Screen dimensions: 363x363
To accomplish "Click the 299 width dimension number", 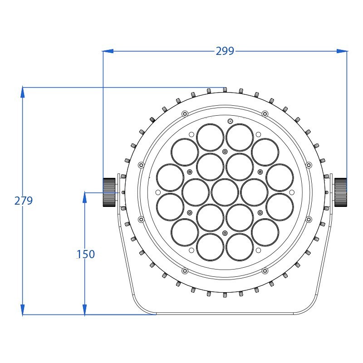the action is [225, 51].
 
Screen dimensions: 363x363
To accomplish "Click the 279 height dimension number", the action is [24, 201].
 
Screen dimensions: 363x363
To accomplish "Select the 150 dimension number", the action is [86, 254].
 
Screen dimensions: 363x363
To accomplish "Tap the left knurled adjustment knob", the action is [109, 192].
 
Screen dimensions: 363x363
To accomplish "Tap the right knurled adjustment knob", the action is [341, 192].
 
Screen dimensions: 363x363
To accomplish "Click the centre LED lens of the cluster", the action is [225, 192].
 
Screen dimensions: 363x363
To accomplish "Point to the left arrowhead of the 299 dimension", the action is [108, 51].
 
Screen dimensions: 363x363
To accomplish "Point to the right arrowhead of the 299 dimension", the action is [342, 51].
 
